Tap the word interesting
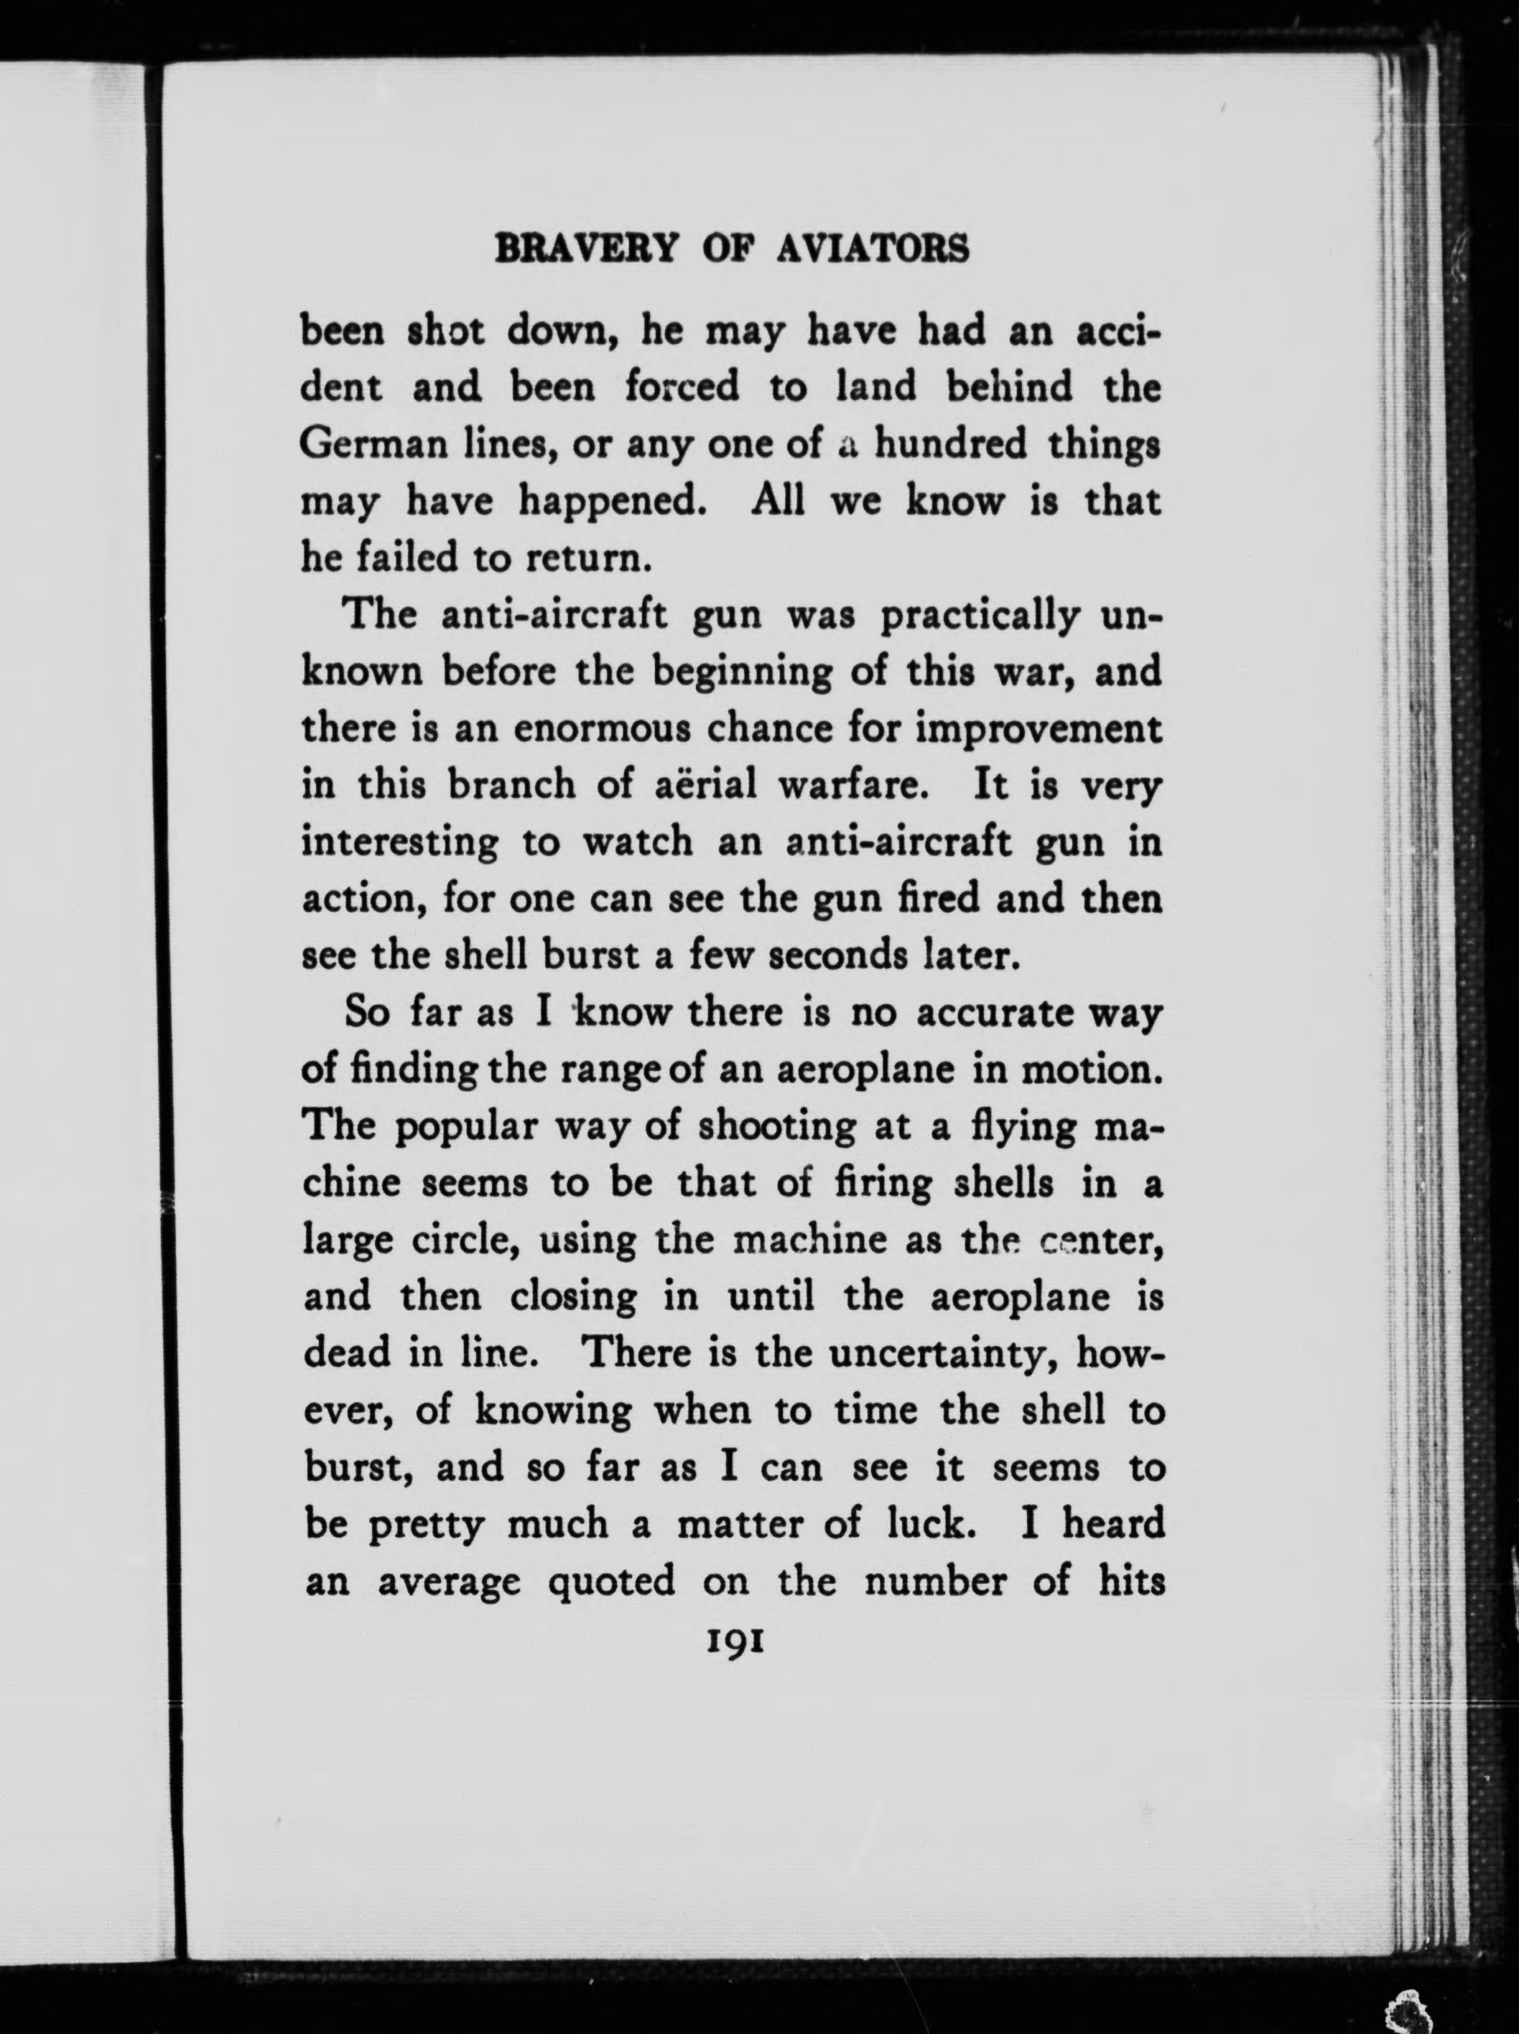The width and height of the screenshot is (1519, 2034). coord(401,843)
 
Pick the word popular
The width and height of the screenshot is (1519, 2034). coord(465,1128)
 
